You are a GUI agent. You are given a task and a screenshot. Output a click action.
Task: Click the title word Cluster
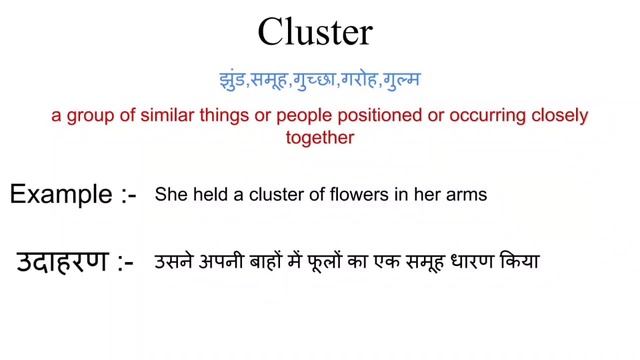(315, 33)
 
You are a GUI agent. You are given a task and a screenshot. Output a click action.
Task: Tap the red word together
(320, 138)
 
